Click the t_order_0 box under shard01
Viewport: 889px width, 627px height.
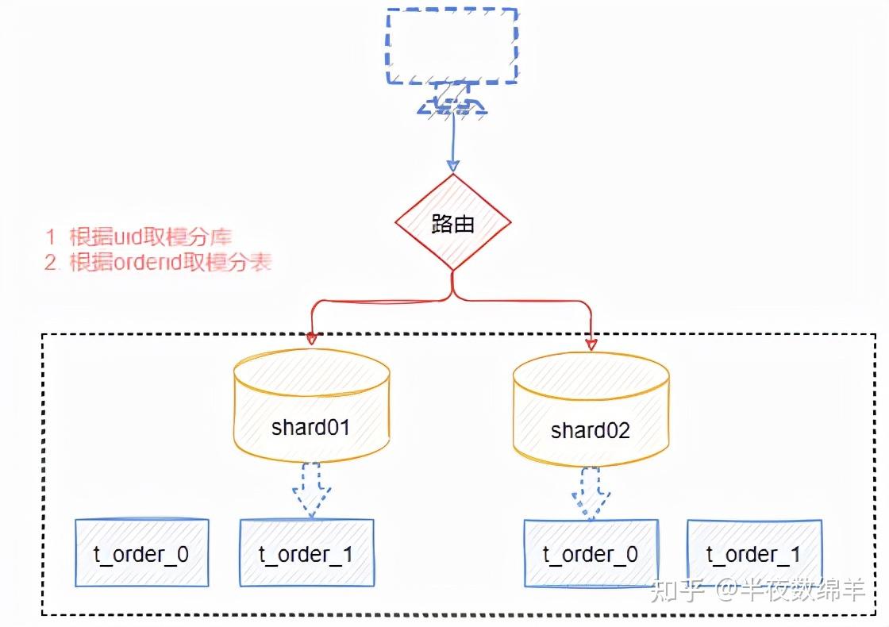pyautogui.click(x=141, y=553)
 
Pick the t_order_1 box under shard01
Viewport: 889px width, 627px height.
pyautogui.click(x=306, y=553)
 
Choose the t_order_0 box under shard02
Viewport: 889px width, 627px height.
pyautogui.click(x=591, y=554)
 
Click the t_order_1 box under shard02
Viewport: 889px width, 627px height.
pyautogui.click(x=754, y=554)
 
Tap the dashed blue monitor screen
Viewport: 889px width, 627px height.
pyautogui.click(x=452, y=46)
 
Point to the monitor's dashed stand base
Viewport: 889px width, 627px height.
pyautogui.click(x=452, y=106)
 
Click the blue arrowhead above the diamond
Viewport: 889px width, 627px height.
pyautogui.click(x=452, y=166)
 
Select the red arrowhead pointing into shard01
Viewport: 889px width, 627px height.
pyautogui.click(x=311, y=339)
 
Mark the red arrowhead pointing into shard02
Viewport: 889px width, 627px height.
pyautogui.click(x=591, y=343)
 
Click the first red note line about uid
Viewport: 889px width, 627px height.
pyautogui.click(x=139, y=237)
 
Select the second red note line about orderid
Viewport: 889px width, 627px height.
pyautogui.click(x=158, y=263)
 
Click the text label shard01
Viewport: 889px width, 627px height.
pyautogui.click(x=310, y=427)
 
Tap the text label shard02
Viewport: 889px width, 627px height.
pyautogui.click(x=591, y=430)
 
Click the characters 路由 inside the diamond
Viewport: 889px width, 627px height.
pyautogui.click(x=452, y=225)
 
